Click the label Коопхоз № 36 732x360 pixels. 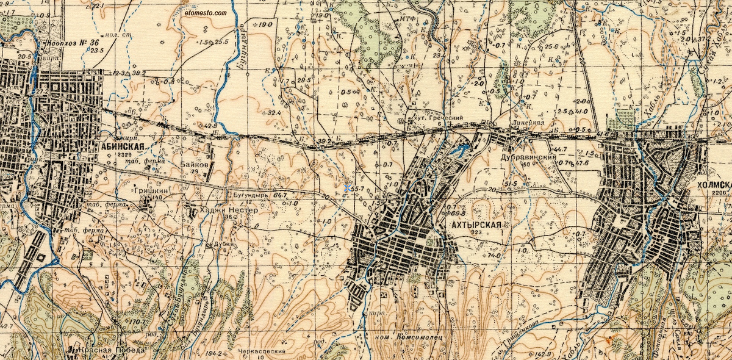pyautogui.click(x=72, y=43)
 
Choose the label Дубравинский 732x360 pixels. pyautogui.click(x=528, y=157)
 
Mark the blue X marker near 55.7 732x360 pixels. pyautogui.click(x=347, y=189)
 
